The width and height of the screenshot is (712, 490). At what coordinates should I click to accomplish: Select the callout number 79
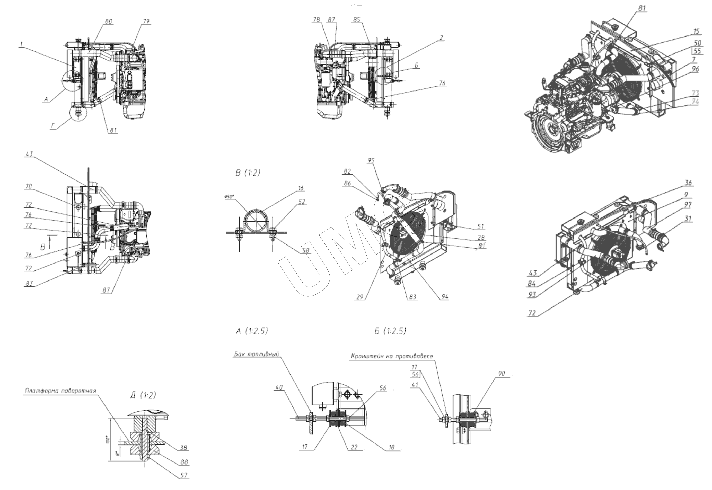pyautogui.click(x=146, y=21)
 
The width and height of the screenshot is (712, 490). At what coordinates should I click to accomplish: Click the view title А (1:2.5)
pyautogui.click(x=252, y=331)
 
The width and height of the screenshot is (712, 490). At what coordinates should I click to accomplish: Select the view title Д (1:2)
pyautogui.click(x=143, y=395)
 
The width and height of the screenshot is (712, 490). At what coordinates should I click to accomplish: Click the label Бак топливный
pyautogui.click(x=257, y=354)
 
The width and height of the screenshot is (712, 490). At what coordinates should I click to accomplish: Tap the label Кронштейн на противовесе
pyautogui.click(x=392, y=356)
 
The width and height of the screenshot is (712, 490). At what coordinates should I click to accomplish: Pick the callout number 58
pyautogui.click(x=305, y=250)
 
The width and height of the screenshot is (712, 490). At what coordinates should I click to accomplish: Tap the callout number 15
pyautogui.click(x=696, y=31)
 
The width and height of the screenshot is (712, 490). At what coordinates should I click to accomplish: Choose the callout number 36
pyautogui.click(x=688, y=183)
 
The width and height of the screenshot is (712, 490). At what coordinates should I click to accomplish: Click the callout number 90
pyautogui.click(x=501, y=374)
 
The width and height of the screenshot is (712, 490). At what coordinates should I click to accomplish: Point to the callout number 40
pyautogui.click(x=278, y=387)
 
